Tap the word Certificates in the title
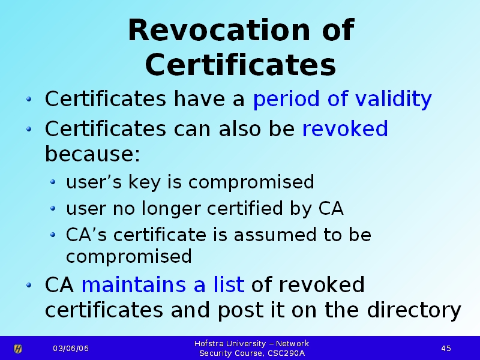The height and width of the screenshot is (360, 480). (x=241, y=65)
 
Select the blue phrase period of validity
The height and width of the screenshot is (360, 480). (x=342, y=99)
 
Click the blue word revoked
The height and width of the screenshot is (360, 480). (x=345, y=128)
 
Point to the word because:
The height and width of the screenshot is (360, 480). (x=92, y=154)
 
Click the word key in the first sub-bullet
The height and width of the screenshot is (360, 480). (x=144, y=182)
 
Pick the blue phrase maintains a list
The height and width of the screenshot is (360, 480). (x=163, y=284)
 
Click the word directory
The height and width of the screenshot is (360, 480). (x=414, y=311)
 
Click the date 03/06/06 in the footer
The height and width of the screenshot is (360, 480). (x=71, y=349)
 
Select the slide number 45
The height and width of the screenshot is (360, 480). (x=446, y=349)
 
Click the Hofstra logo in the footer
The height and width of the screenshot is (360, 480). (x=18, y=349)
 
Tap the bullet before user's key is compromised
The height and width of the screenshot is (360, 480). (x=53, y=182)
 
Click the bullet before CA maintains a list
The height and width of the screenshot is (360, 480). (x=29, y=286)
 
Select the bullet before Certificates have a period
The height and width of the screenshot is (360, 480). (x=29, y=99)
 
